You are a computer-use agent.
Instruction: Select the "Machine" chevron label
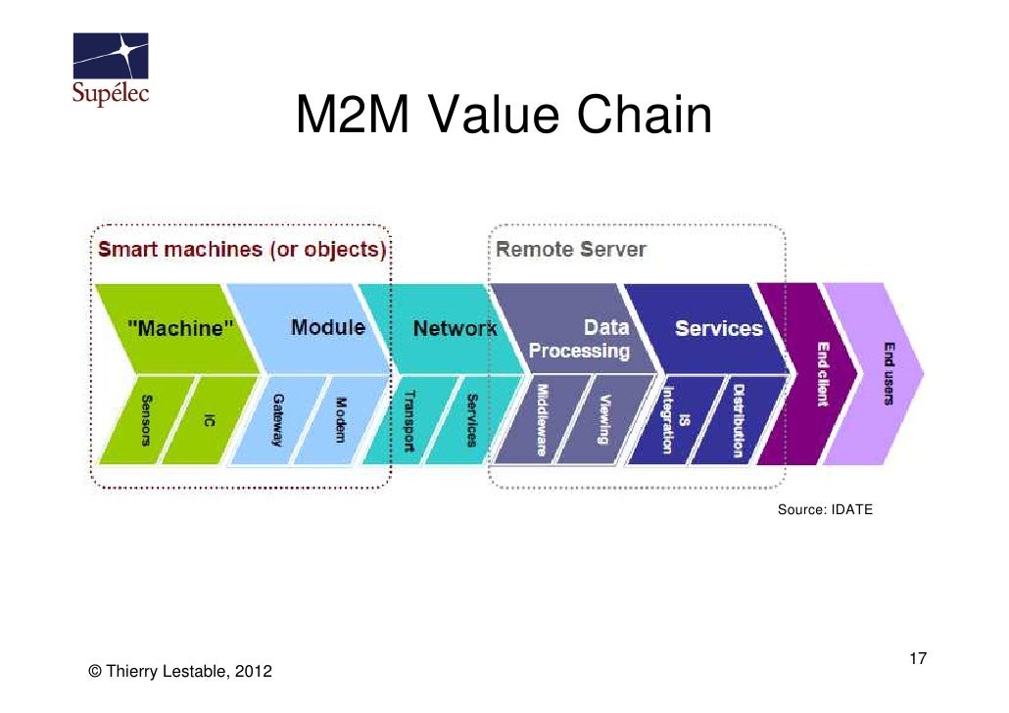[x=179, y=329]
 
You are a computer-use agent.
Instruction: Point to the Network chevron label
[x=454, y=328]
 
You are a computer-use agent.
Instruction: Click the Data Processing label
[x=580, y=338]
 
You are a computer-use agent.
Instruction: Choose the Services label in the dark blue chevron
[x=718, y=328]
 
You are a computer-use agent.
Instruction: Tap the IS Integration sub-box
[x=670, y=419]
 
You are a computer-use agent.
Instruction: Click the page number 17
[x=918, y=657]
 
